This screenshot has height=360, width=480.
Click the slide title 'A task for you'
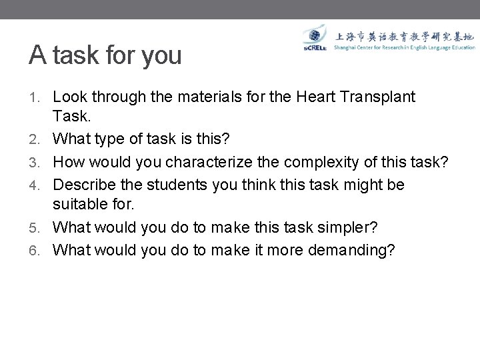pyautogui.click(x=105, y=55)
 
